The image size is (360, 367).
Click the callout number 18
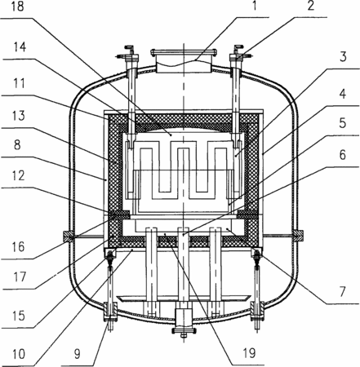18,7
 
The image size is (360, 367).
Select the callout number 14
20,46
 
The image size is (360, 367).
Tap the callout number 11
19,83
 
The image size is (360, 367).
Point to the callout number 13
19,116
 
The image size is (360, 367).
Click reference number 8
17,144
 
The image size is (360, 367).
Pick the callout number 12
19,175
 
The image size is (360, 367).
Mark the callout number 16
18,247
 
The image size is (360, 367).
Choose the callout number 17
20,276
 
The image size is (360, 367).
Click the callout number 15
19,316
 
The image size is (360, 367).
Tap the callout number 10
19,354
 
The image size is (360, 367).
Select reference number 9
78,354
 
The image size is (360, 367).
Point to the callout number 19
249,353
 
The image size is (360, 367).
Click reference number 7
342,291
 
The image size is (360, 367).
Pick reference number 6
342,155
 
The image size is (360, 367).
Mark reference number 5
342,123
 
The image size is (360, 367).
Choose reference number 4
342,93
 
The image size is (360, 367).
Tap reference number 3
343,56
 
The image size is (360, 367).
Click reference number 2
311,6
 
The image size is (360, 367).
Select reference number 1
255,6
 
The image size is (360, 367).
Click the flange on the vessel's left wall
68,236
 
